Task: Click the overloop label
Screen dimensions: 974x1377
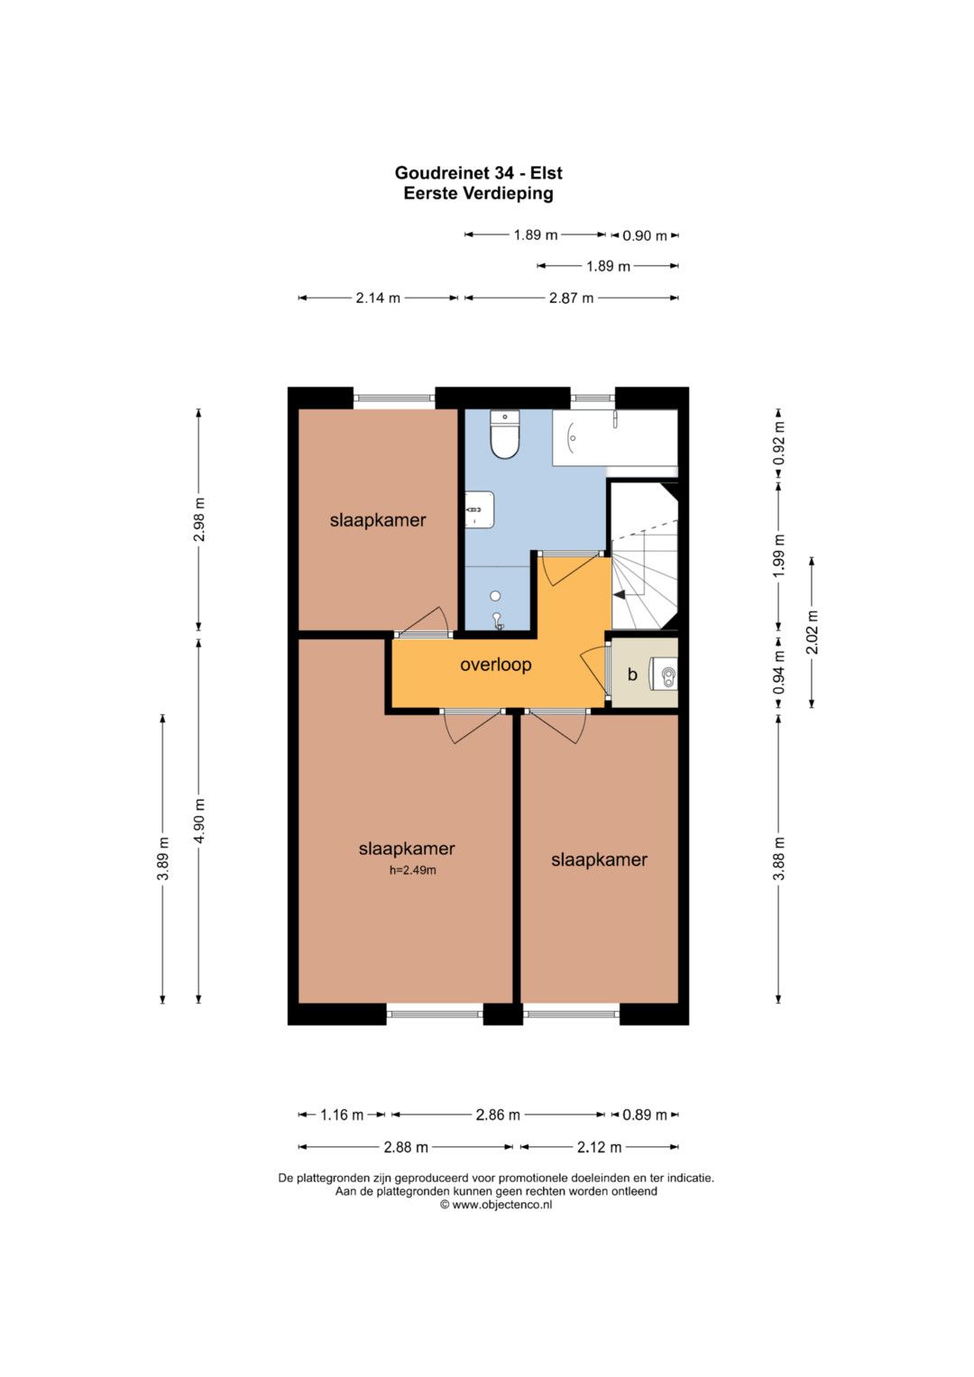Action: [496, 666]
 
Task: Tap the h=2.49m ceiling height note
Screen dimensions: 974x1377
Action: [413, 870]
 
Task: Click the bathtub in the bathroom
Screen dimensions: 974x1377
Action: [615, 437]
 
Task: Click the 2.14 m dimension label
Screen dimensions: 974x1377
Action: [378, 298]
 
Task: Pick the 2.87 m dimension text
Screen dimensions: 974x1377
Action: [571, 298]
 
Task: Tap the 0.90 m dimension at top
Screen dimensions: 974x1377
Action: [645, 235]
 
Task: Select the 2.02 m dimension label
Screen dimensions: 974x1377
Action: [813, 632]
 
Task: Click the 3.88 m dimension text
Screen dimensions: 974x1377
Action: [779, 858]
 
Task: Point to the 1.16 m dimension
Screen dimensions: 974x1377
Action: [342, 1115]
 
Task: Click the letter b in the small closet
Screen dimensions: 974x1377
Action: [632, 675]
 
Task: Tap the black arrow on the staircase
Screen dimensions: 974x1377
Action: [620, 594]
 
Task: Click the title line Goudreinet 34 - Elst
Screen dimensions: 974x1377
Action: [478, 173]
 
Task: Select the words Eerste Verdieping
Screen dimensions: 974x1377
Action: [478, 193]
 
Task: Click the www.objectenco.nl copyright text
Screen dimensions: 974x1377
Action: [496, 1205]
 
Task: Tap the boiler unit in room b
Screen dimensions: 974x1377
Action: [666, 675]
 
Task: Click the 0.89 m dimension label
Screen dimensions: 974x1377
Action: [645, 1115]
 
